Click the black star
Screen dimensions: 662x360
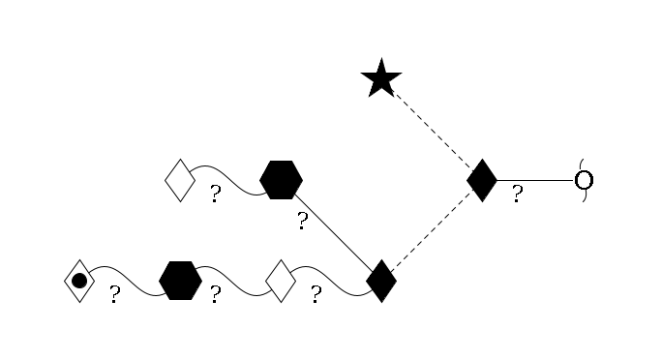tap(381, 79)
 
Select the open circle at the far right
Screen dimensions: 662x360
tap(584, 180)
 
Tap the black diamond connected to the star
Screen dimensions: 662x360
tap(482, 180)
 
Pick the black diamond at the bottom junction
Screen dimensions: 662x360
tap(381, 281)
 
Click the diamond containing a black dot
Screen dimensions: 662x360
tap(79, 281)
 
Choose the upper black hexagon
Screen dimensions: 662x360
tap(281, 180)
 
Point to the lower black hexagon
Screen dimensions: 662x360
tap(180, 281)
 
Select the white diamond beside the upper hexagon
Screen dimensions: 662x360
tap(180, 180)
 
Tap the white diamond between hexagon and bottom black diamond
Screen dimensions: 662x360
tap(281, 281)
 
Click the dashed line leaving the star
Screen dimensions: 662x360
tap(432, 130)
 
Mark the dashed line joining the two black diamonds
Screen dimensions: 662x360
tap(432, 230)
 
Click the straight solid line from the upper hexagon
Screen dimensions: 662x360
tap(331, 230)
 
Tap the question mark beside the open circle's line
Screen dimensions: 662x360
tap(517, 195)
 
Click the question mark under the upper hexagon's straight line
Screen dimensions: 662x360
tap(302, 223)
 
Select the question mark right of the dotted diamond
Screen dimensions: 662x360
tap(114, 295)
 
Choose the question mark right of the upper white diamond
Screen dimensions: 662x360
tap(215, 195)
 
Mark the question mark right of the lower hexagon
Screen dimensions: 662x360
tap(215, 295)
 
